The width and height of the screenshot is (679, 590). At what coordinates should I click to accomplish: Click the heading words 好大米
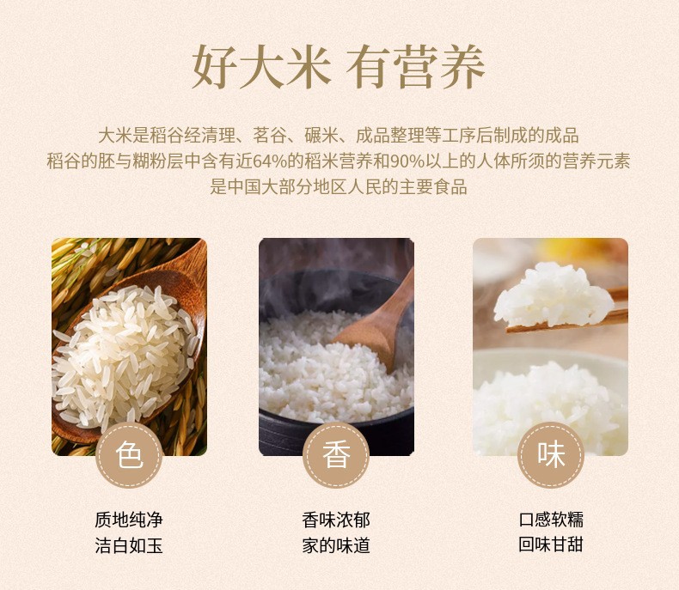pos(261,67)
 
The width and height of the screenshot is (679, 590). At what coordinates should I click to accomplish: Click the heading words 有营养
pos(416,67)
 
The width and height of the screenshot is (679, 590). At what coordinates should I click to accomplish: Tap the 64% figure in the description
pos(270,161)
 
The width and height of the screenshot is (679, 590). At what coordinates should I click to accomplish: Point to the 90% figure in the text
pos(407,161)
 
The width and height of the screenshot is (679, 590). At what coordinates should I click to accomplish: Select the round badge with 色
pos(129,455)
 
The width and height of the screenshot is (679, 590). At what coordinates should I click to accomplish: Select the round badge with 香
pos(336,455)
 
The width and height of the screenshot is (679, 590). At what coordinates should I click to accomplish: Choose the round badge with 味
pos(551,455)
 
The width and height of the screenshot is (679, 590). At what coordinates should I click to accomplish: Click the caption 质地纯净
pos(129,520)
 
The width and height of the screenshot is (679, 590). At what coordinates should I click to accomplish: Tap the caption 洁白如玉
pos(129,545)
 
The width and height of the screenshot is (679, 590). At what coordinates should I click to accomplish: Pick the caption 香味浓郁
pos(336,520)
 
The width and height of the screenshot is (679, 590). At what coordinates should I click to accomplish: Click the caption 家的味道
pos(336,545)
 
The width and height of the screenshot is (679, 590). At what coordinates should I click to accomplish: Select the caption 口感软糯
pos(551,519)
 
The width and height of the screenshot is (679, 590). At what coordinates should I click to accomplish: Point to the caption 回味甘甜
pos(551,544)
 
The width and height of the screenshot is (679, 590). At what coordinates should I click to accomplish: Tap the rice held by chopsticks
pos(554,294)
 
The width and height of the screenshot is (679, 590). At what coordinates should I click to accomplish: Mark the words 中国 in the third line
pos(244,187)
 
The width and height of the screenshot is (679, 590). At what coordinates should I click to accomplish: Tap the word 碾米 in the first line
pos(321,136)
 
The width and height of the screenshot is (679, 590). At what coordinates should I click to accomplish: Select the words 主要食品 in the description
pos(432,187)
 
